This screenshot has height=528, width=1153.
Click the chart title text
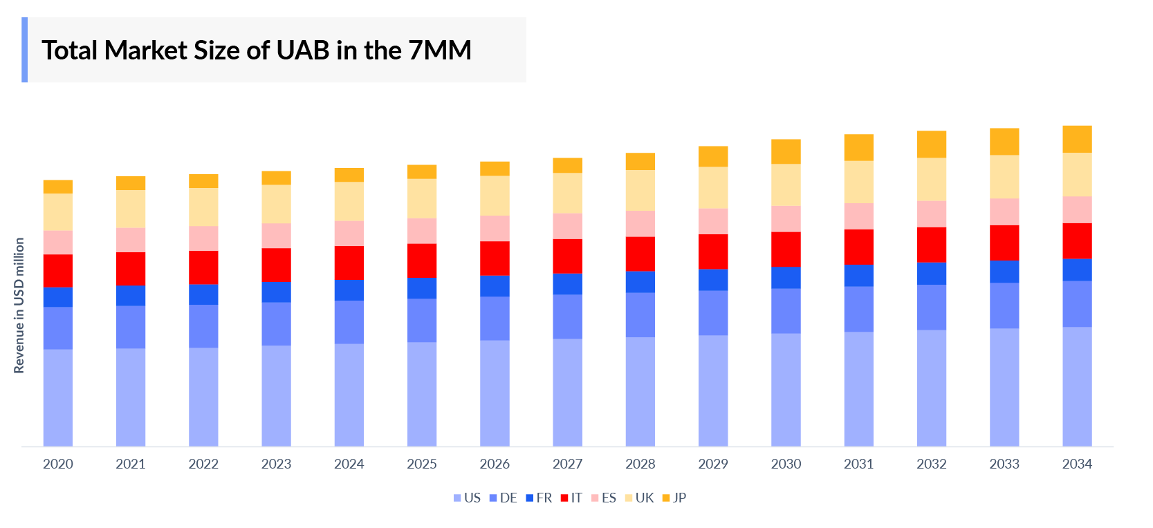coord(256,50)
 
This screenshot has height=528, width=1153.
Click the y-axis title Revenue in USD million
coord(19,305)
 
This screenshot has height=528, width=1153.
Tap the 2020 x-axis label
coord(58,464)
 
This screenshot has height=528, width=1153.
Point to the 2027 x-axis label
coord(567,464)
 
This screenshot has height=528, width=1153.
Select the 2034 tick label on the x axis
coord(1077,464)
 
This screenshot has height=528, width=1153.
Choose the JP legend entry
coord(674,498)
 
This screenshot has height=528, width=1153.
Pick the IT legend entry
coord(571,498)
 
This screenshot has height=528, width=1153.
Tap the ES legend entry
coord(604,498)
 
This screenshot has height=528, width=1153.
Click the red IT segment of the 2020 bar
coord(58,270)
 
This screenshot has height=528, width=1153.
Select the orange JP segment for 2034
coord(1077,139)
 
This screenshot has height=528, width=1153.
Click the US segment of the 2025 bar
coord(422,394)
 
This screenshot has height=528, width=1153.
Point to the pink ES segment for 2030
coord(786,218)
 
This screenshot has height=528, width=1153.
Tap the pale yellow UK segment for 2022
coord(203,207)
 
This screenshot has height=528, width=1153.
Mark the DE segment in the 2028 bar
coord(640,314)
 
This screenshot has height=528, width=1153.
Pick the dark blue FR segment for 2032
coord(931,273)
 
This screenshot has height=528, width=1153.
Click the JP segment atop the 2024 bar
coord(349,175)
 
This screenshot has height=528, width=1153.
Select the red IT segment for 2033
coord(1004,243)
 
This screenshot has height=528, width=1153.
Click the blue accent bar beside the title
coord(25,50)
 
